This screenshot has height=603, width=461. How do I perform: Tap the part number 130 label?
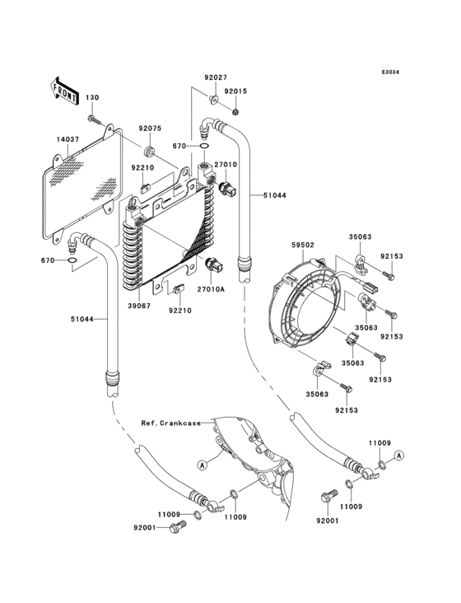[x=92, y=98]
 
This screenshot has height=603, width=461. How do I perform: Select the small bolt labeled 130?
[x=100, y=121]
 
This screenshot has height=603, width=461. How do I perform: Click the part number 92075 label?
[x=149, y=129]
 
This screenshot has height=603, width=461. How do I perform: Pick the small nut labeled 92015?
[x=236, y=112]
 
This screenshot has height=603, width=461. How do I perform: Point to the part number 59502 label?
[x=304, y=244]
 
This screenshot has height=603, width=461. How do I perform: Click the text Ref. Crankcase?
[x=170, y=423]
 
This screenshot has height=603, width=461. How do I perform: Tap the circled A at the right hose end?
[x=399, y=456]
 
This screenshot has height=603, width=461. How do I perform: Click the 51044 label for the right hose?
[x=275, y=194]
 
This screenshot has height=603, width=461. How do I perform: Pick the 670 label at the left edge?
[x=48, y=260]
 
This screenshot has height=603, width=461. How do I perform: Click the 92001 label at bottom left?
[x=145, y=529]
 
